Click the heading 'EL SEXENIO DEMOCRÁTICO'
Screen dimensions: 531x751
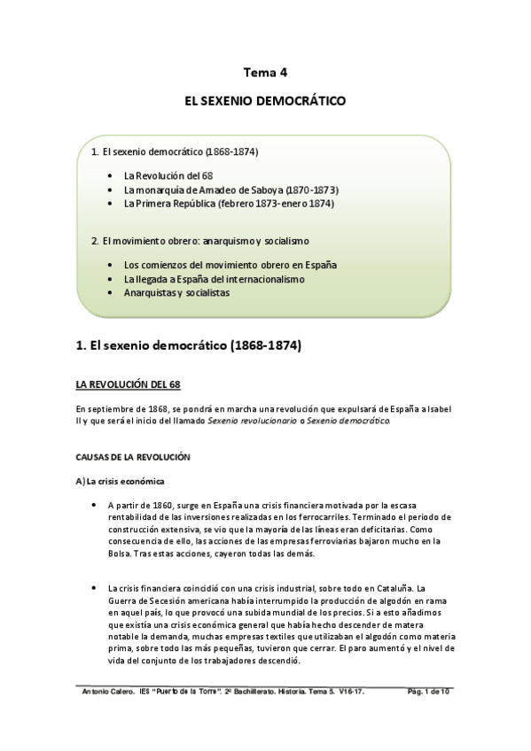265,103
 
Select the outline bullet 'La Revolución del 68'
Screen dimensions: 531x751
168,175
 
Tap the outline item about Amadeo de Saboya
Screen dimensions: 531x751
231,190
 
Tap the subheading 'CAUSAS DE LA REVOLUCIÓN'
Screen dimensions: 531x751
134,457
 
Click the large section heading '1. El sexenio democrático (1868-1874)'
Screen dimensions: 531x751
189,345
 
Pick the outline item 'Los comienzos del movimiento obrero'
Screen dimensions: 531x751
230,265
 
